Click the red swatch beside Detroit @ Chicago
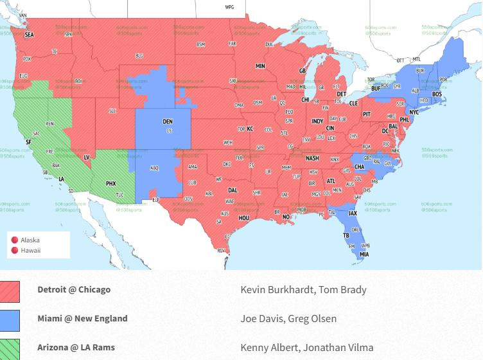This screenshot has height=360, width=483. coord(10,291)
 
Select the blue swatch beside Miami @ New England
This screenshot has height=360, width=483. coord(10,320)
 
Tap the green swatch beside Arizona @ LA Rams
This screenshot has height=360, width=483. coord(10,349)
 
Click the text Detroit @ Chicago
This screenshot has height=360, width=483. coord(74,289)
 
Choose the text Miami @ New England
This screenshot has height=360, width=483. coord(82,318)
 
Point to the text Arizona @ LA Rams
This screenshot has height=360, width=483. coord(76,347)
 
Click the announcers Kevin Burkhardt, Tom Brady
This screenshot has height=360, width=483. coord(303,289)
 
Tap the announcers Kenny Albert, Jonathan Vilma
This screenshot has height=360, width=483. coord(302,347)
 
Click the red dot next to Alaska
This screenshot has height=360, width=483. coord(15,240)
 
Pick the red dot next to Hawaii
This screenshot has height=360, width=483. coord(15,250)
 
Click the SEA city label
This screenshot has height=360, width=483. coord(29,35)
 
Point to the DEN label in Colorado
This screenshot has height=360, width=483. coord(167,121)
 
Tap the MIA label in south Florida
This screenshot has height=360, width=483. coord(364,255)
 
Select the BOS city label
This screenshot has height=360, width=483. coord(437,94)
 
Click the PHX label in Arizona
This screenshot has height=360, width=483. coord(111,183)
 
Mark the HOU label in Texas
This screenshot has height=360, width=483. coord(244,218)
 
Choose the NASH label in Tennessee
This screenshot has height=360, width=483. coord(312,158)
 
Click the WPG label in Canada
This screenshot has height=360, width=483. coord(229,7)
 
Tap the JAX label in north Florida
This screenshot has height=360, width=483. coord(353,213)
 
